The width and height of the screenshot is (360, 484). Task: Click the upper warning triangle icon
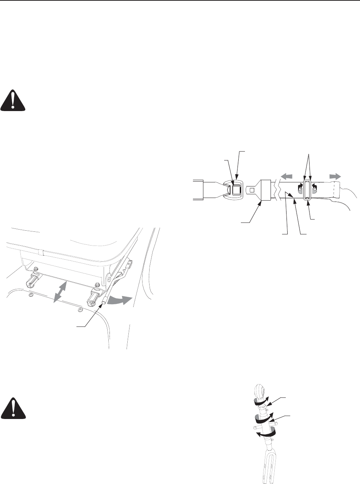pos(14,101)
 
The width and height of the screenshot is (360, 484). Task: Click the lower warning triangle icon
pos(14,409)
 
